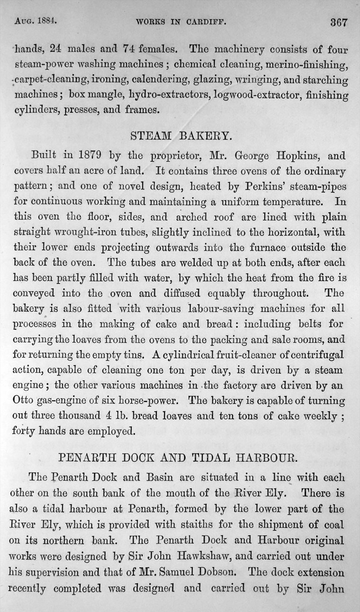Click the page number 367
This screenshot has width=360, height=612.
(x=339, y=22)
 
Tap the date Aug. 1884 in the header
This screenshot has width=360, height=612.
(x=36, y=21)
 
